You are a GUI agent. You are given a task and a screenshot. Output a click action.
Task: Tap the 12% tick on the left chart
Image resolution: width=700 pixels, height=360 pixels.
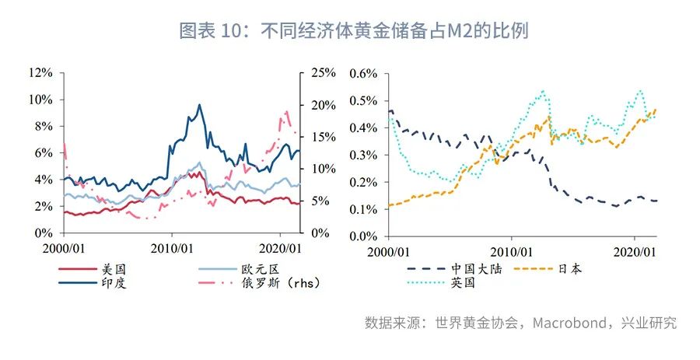coord(40,73)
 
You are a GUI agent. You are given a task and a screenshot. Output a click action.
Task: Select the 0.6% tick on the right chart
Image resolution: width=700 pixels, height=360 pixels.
coord(362,73)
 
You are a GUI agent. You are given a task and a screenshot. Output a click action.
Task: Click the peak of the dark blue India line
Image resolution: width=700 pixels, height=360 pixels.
coord(199,105)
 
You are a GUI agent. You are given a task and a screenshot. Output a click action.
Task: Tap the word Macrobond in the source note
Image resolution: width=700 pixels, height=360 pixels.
coord(571,323)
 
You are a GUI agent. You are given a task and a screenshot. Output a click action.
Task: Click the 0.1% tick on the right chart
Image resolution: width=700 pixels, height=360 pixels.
coord(362,210)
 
